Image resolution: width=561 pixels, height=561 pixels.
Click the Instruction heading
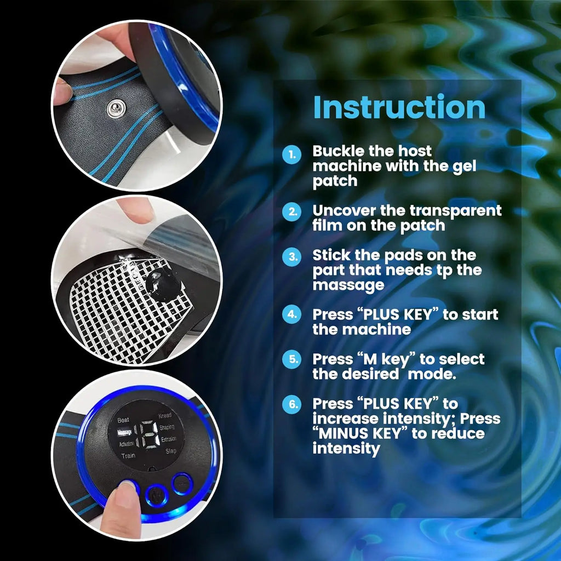pos(399,108)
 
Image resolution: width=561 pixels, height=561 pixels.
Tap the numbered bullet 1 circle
pos(291,155)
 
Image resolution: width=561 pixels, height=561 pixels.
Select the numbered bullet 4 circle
pos(291,315)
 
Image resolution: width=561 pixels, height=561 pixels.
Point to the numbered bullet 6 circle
pos(291,404)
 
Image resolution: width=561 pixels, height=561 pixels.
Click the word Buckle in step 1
pos(335,151)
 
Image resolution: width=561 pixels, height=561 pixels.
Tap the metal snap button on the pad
pos(116,108)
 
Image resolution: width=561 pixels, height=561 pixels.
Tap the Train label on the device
pos(128,455)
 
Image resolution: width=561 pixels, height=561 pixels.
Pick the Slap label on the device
pos(170,451)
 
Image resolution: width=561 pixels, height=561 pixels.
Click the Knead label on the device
pos(165,416)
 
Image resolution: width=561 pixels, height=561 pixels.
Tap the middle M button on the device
pos(156,496)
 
